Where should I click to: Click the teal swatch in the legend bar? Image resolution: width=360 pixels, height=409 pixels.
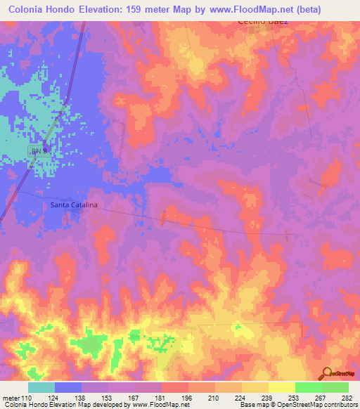(x=41, y=387)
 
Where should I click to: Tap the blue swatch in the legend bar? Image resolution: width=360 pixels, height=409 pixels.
(x=68, y=387)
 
